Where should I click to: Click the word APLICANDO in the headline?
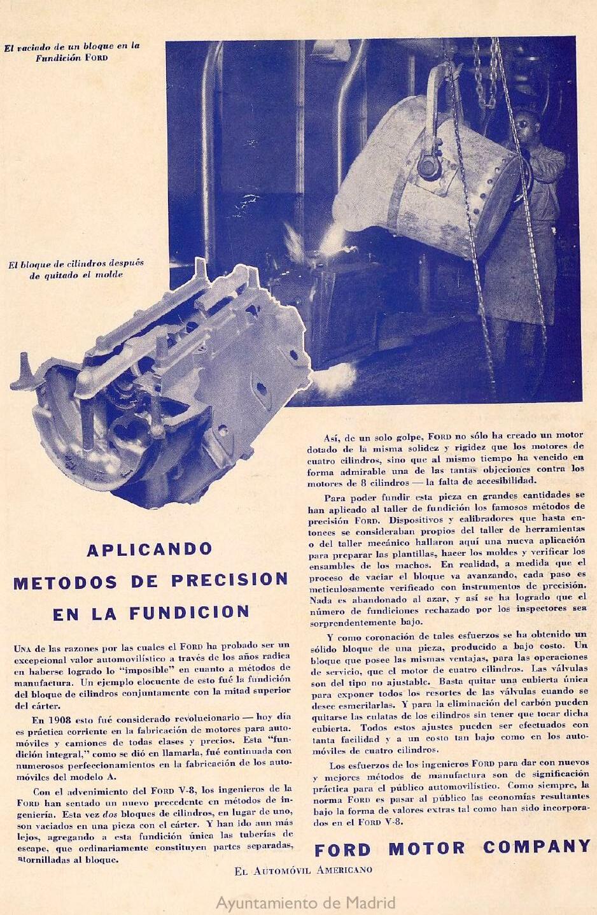(149, 549)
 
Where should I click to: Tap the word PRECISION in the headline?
(230, 580)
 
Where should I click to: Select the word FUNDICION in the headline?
(189, 613)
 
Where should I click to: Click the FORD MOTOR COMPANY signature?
(453, 848)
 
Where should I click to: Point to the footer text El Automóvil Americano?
(303, 870)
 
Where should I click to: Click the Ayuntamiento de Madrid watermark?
(306, 903)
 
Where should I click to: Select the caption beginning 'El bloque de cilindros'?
(76, 269)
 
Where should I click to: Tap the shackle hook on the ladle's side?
(430, 167)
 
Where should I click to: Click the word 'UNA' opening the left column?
(23, 648)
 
